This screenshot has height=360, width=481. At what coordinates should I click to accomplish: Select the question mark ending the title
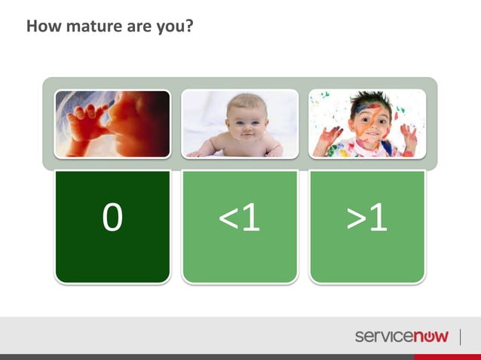tap(190, 28)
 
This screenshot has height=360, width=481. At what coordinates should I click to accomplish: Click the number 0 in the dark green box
tap(112, 218)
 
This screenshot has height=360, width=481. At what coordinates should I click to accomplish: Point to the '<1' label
tap(240, 218)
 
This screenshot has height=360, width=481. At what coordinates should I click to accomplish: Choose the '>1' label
tap(367, 218)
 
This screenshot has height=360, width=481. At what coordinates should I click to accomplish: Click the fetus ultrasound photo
tap(112, 124)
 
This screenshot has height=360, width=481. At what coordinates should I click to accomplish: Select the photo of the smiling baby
tap(240, 124)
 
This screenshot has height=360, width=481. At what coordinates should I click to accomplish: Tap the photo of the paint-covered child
tap(367, 124)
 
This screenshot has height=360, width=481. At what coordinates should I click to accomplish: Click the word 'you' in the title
tap(173, 28)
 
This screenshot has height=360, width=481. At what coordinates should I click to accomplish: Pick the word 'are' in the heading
tap(139, 28)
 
